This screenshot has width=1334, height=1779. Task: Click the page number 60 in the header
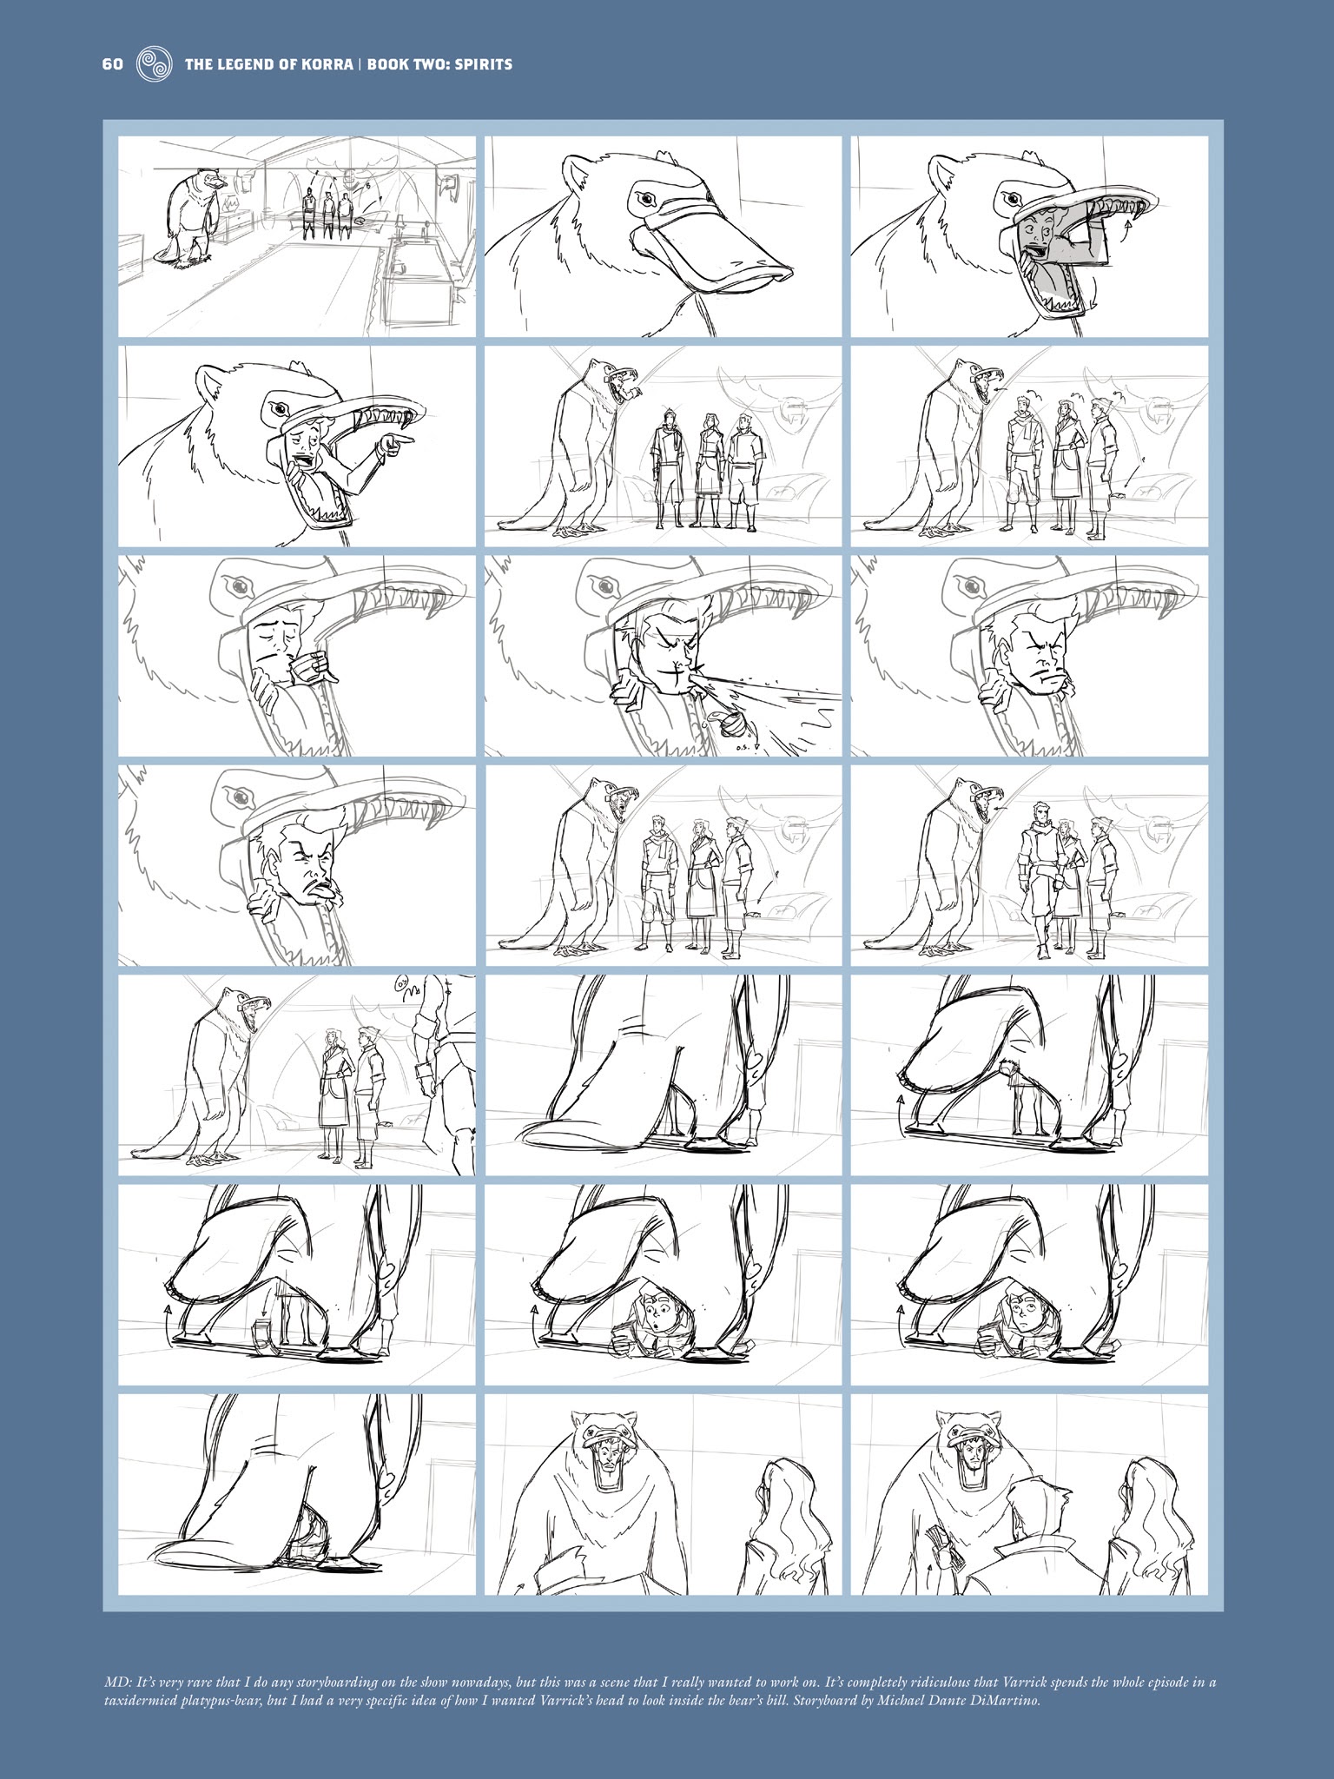point(113,64)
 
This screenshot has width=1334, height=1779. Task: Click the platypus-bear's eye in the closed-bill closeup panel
point(644,200)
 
